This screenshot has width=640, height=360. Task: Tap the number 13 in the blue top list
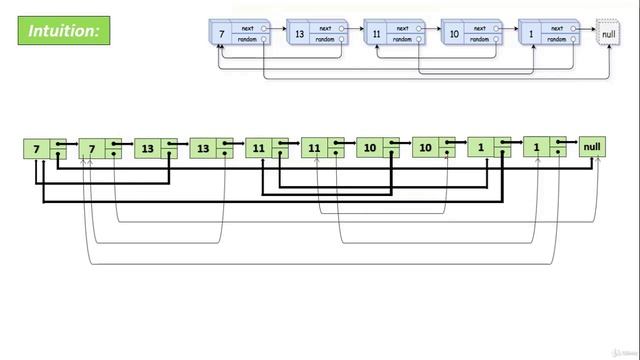click(299, 35)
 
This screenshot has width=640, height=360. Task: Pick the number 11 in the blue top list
click(376, 35)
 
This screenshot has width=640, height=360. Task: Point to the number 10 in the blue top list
click(454, 35)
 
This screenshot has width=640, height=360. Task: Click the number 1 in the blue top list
click(532, 35)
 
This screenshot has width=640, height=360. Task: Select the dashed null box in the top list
click(608, 35)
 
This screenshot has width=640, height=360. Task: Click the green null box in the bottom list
click(592, 148)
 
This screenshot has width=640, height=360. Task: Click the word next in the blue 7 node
click(248, 29)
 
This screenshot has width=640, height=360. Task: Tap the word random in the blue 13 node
click(325, 41)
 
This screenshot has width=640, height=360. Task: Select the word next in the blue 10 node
click(480, 29)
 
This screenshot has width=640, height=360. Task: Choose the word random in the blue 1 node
click(558, 41)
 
